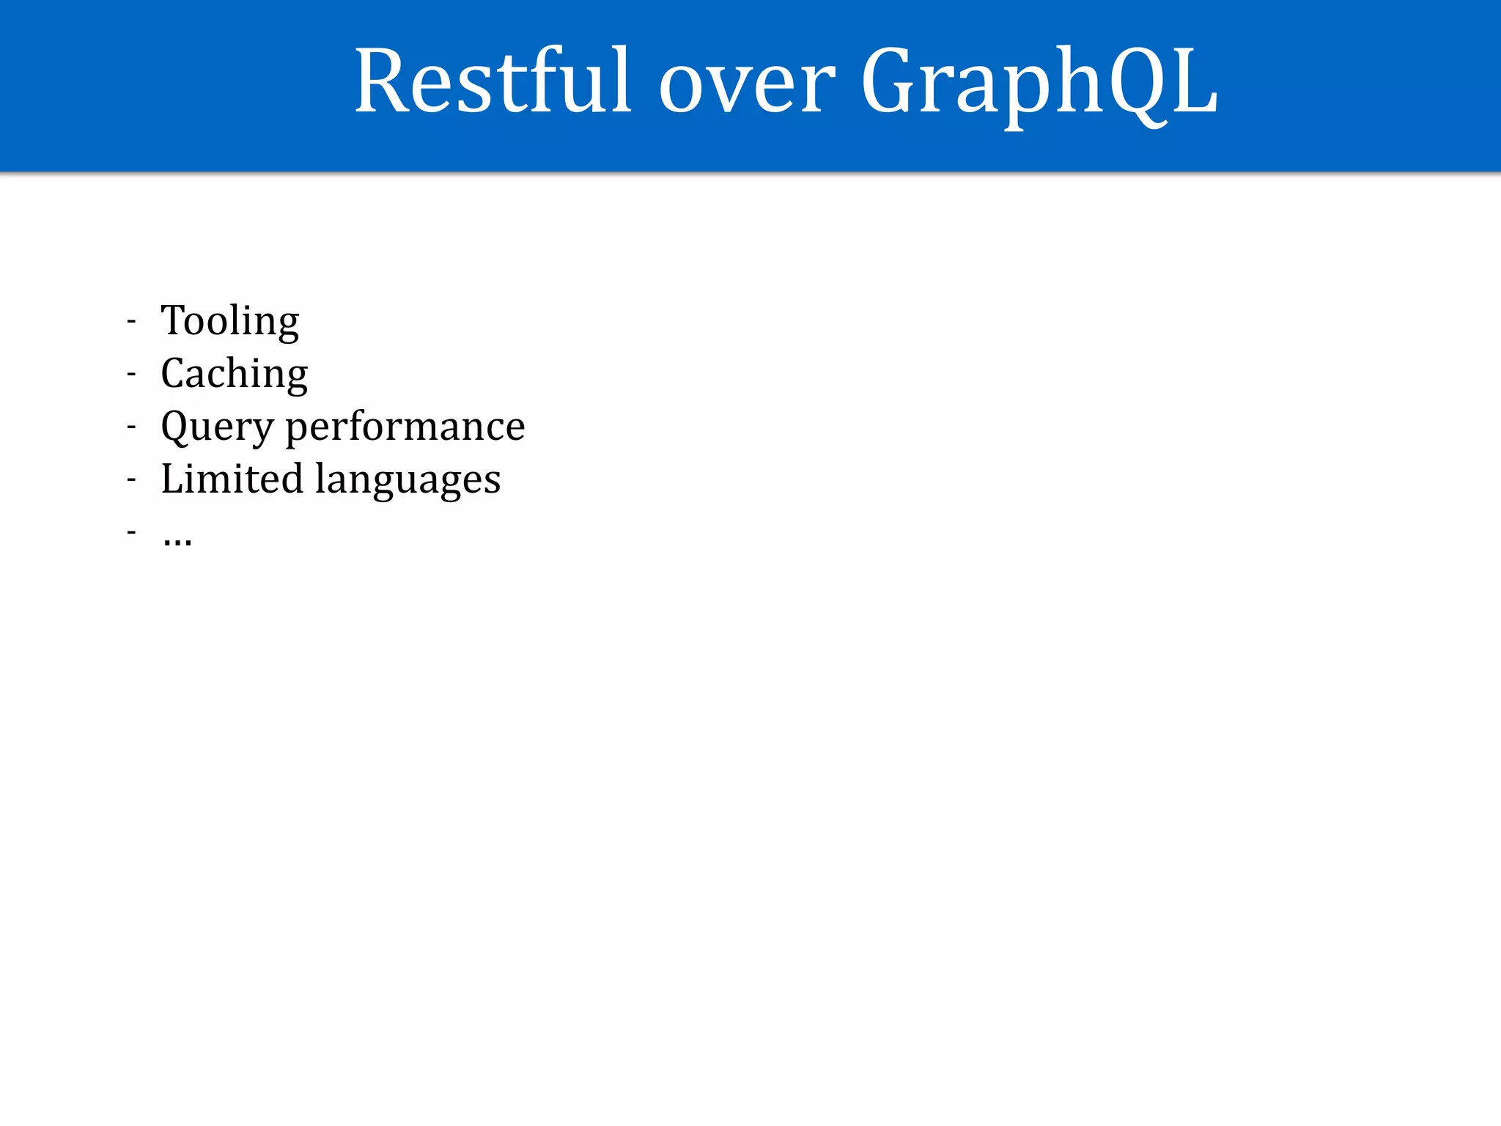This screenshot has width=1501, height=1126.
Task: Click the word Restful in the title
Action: (493, 81)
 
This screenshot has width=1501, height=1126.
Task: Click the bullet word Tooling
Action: (230, 321)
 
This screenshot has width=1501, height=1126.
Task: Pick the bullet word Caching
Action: (235, 374)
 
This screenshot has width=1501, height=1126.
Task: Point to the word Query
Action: (217, 427)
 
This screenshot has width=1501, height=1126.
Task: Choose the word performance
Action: (405, 427)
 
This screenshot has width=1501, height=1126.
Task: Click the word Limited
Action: (232, 479)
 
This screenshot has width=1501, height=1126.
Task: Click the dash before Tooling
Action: (132, 322)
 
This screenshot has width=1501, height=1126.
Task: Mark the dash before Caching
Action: (132, 375)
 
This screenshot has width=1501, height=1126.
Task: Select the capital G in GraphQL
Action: (891, 81)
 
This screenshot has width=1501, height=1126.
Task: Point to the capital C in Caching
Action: (176, 373)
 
